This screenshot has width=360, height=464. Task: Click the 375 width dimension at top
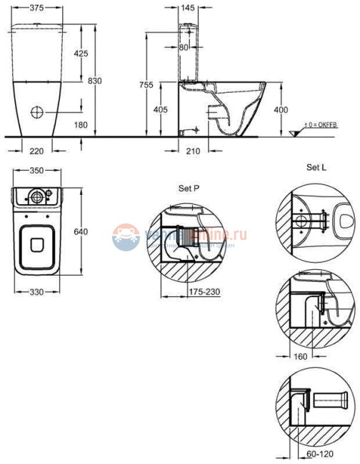coord(40,8)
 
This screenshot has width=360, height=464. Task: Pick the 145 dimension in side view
coord(189,8)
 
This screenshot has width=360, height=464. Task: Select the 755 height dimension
coord(146,85)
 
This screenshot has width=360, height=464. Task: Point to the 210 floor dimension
coord(192,151)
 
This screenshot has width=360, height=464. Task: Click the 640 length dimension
coord(81,232)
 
